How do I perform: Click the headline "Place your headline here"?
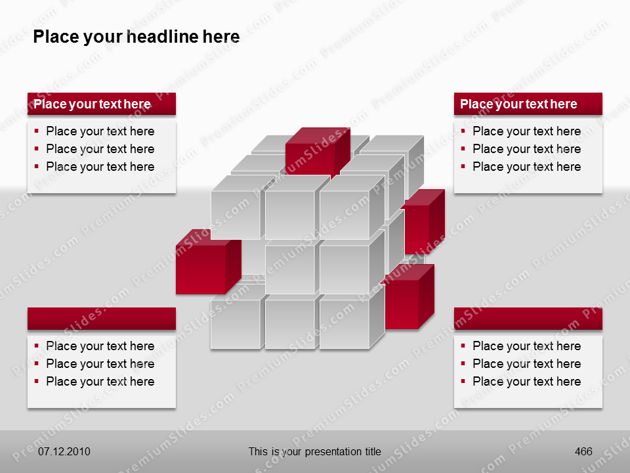coord(136,37)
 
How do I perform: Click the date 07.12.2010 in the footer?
coord(64,451)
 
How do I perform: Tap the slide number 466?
coord(583,451)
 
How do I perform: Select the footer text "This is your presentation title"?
coord(314,451)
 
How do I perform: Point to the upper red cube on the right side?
coord(421,222)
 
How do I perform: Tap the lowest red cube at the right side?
coord(406,299)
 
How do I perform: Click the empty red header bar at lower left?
coord(101,319)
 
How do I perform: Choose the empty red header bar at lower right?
coord(528,319)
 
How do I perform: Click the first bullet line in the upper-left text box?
coord(100,131)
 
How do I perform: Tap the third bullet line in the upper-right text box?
coord(526,167)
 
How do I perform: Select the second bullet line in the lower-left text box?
coord(100,364)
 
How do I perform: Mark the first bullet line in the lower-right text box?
coord(526,346)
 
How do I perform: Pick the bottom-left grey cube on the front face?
coord(236,324)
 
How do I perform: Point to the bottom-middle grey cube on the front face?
coord(290,324)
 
